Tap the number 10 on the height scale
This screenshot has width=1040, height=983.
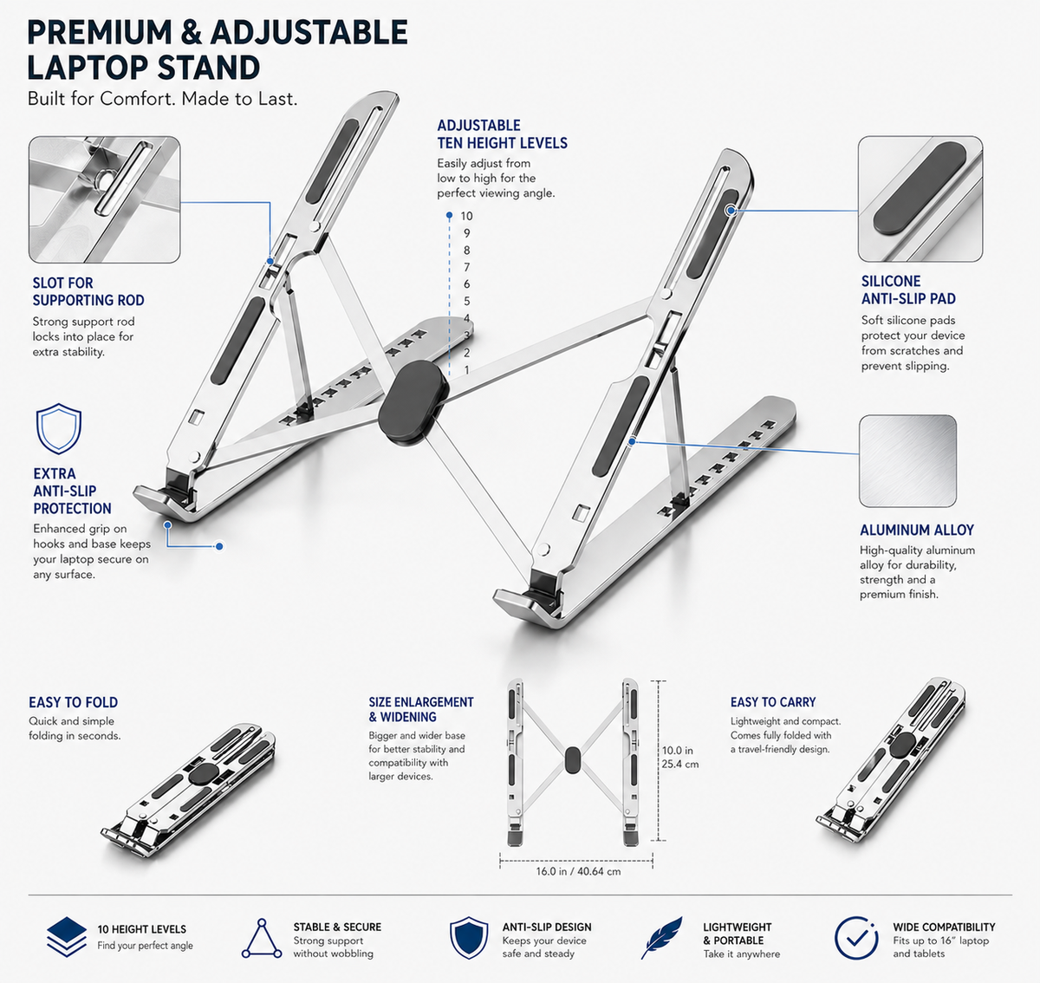(x=466, y=216)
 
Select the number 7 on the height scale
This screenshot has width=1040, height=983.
(x=466, y=267)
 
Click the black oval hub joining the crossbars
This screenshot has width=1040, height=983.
(x=413, y=403)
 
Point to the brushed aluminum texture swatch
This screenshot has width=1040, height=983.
(x=908, y=461)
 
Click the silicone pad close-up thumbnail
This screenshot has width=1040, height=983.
(x=920, y=199)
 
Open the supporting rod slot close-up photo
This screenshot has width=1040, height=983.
(x=104, y=199)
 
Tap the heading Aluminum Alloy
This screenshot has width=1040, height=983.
(x=917, y=531)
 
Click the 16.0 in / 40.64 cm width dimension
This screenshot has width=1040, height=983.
(x=578, y=871)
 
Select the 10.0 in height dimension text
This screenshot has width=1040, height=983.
(x=677, y=751)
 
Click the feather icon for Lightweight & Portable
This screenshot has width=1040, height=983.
(x=662, y=938)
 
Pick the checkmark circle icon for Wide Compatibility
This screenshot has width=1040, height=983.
(x=857, y=938)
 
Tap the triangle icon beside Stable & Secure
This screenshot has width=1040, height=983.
(x=262, y=939)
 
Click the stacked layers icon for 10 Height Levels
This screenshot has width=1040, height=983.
(x=67, y=937)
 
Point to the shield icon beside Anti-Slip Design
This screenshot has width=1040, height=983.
(x=469, y=938)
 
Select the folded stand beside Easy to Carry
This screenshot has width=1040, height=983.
(x=891, y=759)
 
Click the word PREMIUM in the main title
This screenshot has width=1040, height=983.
(x=100, y=32)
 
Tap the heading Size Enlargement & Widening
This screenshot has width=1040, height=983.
(x=421, y=709)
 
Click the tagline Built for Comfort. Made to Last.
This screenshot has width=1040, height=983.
(x=162, y=99)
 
